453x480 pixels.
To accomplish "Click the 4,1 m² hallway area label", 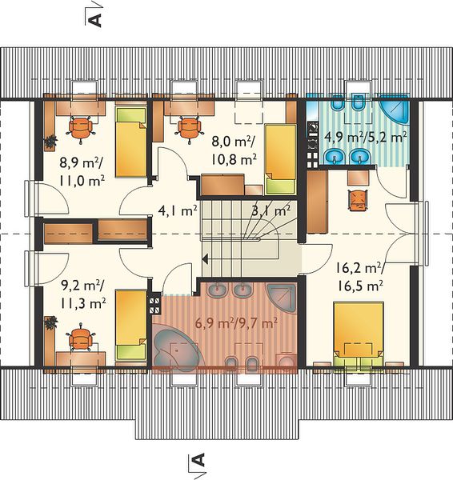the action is [178, 211].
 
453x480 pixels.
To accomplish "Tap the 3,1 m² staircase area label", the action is [271, 211].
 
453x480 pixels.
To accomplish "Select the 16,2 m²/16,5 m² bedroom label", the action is [359, 278].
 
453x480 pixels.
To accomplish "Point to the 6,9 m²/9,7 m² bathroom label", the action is [235, 323].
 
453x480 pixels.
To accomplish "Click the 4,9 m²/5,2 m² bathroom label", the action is [366, 138].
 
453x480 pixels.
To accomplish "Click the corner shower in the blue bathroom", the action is [395, 110].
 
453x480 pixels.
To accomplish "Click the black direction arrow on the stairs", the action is [205, 259].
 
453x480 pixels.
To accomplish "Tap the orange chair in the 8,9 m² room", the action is [81, 129].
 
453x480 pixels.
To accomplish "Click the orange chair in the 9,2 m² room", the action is [81, 337].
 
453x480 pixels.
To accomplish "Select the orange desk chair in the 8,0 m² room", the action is [190, 129].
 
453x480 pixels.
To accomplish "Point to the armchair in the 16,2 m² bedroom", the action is [358, 200].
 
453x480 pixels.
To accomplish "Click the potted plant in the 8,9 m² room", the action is [50, 141].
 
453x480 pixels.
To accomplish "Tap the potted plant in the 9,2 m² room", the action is [51, 323].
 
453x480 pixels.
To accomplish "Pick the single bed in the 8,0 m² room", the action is [281, 159].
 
